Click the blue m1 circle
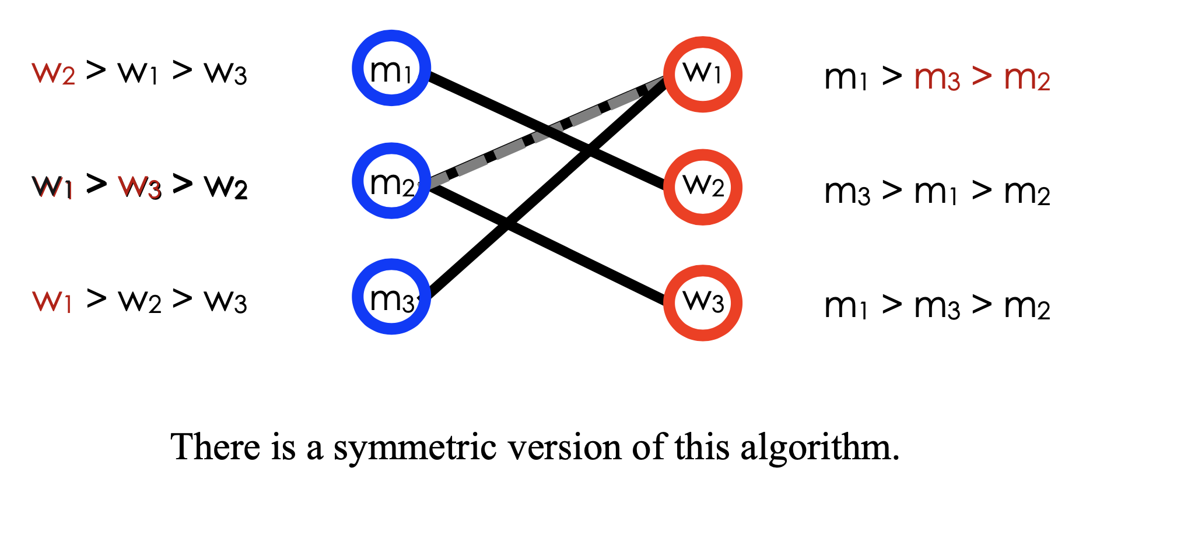391,68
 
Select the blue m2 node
391,181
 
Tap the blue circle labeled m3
391,297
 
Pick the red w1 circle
703,74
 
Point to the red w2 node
703,187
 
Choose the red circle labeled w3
703,302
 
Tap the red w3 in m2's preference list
139,187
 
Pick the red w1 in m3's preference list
52,301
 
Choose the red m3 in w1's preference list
937,78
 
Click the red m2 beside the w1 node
1027,78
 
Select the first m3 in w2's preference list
847,192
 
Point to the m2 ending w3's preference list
1027,307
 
